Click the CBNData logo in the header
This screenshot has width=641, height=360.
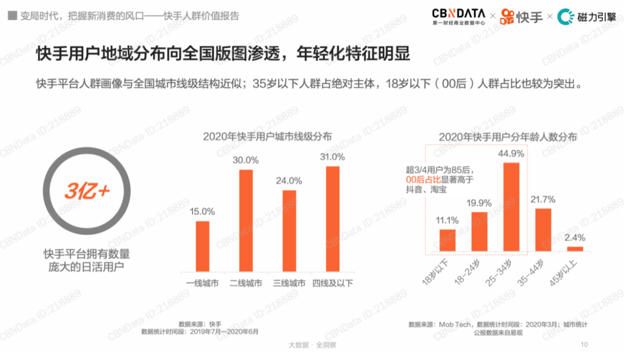[458, 15]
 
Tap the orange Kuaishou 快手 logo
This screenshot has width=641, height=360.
[522, 16]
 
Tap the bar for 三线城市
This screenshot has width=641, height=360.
[289, 232]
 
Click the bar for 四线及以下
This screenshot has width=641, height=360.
[332, 220]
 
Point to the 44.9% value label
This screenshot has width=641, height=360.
[511, 154]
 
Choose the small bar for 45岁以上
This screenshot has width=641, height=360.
[575, 249]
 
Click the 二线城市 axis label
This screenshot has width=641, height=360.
[246, 283]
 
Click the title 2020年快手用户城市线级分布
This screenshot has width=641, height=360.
[267, 136]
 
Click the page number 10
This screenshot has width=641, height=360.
[584, 345]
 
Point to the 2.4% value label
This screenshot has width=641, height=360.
[575, 238]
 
